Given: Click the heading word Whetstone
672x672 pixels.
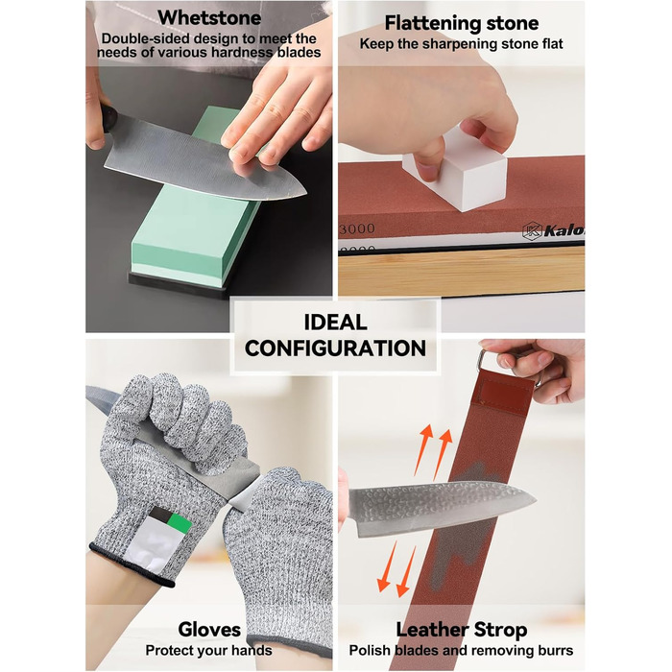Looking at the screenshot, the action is pos(209,18).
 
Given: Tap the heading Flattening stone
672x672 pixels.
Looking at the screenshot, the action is pos(461,23).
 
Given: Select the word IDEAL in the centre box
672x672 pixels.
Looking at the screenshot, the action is pos(336,323).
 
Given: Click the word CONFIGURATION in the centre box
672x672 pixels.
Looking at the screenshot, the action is pos(336,348).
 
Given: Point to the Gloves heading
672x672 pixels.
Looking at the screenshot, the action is pos(209,630).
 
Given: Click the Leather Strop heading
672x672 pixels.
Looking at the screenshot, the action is pos(461,630).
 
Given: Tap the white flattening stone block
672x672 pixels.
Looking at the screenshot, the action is pos(455,172).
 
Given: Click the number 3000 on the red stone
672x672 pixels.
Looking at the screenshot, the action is pos(356,228).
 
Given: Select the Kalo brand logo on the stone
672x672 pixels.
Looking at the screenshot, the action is pos(553,231).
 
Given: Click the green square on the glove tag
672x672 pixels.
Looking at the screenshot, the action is pos(180,523).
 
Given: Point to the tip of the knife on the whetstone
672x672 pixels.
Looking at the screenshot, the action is pos(306,194).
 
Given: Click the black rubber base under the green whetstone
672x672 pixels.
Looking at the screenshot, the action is pos(180,283).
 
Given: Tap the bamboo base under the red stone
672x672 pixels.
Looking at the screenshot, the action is pos(461,270).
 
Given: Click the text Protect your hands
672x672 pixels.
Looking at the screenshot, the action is pos(208,650).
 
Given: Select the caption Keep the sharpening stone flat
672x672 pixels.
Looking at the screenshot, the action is pos(461,44).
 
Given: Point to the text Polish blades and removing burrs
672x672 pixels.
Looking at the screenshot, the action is pos(461,650).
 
